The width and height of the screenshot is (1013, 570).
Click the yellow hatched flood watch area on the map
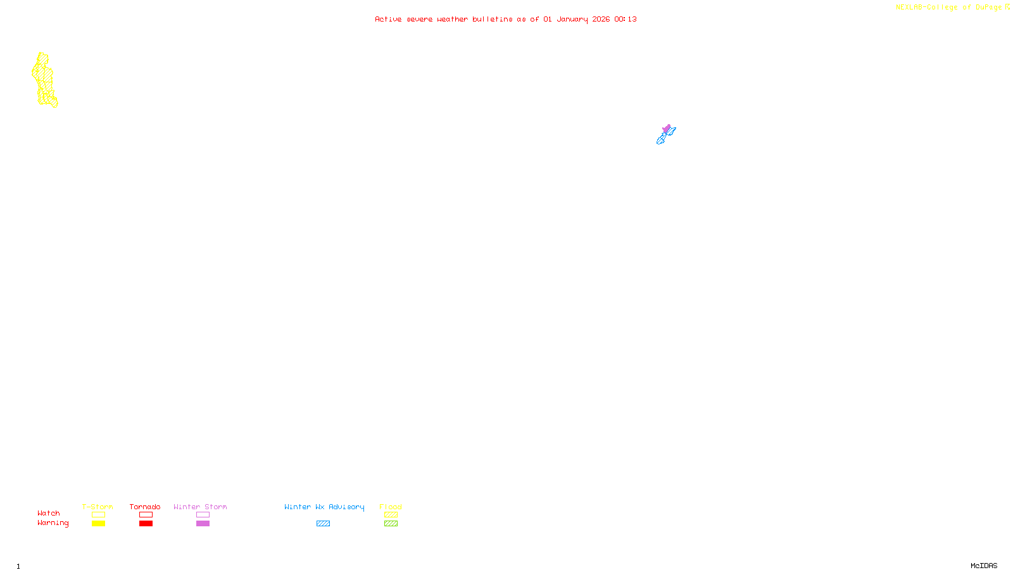click(x=44, y=79)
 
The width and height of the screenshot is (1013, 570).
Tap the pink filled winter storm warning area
click(x=666, y=129)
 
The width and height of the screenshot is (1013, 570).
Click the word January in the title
click(x=572, y=19)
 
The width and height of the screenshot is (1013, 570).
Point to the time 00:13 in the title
click(x=625, y=19)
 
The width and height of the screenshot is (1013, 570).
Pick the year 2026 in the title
click(x=601, y=19)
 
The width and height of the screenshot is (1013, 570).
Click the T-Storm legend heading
click(x=98, y=507)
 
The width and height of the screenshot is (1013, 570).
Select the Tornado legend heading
click(x=145, y=507)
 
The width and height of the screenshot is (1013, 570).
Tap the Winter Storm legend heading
click(x=200, y=507)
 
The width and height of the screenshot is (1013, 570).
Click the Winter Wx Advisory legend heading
click(x=324, y=507)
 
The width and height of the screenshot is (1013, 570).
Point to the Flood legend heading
click(x=391, y=507)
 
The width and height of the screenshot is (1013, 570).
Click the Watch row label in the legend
click(x=49, y=513)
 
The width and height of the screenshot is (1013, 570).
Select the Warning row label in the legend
click(x=53, y=523)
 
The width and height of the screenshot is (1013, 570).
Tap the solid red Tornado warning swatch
click(x=146, y=524)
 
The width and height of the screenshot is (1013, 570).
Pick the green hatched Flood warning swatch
click(x=391, y=524)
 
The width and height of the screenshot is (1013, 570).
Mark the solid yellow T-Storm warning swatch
click(x=98, y=524)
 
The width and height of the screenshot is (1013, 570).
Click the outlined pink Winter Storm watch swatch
click(x=203, y=515)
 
